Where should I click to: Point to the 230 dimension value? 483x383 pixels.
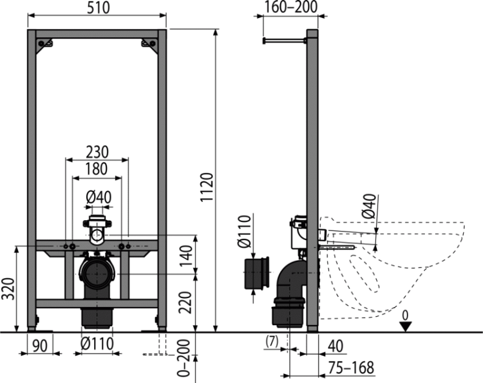(x=97, y=152)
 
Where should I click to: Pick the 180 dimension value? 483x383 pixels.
(x=97, y=169)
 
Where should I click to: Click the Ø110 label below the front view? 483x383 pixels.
(x=97, y=344)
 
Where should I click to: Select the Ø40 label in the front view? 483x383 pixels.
(x=99, y=197)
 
